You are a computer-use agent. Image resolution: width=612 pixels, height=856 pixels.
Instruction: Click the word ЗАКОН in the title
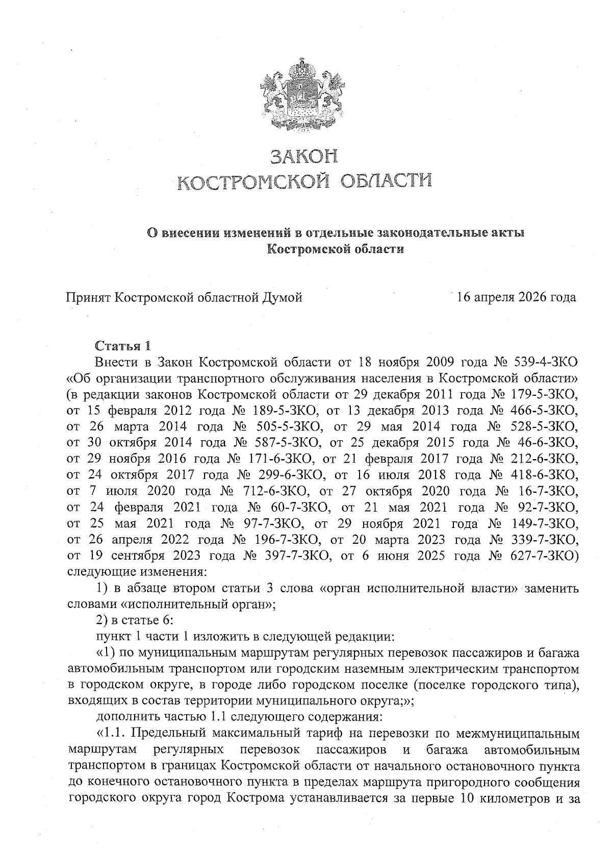304,156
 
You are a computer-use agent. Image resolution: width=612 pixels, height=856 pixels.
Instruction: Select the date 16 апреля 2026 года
517,297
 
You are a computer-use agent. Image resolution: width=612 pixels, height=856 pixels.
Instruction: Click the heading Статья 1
123,346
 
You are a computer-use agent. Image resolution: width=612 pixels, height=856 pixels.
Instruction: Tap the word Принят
89,297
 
